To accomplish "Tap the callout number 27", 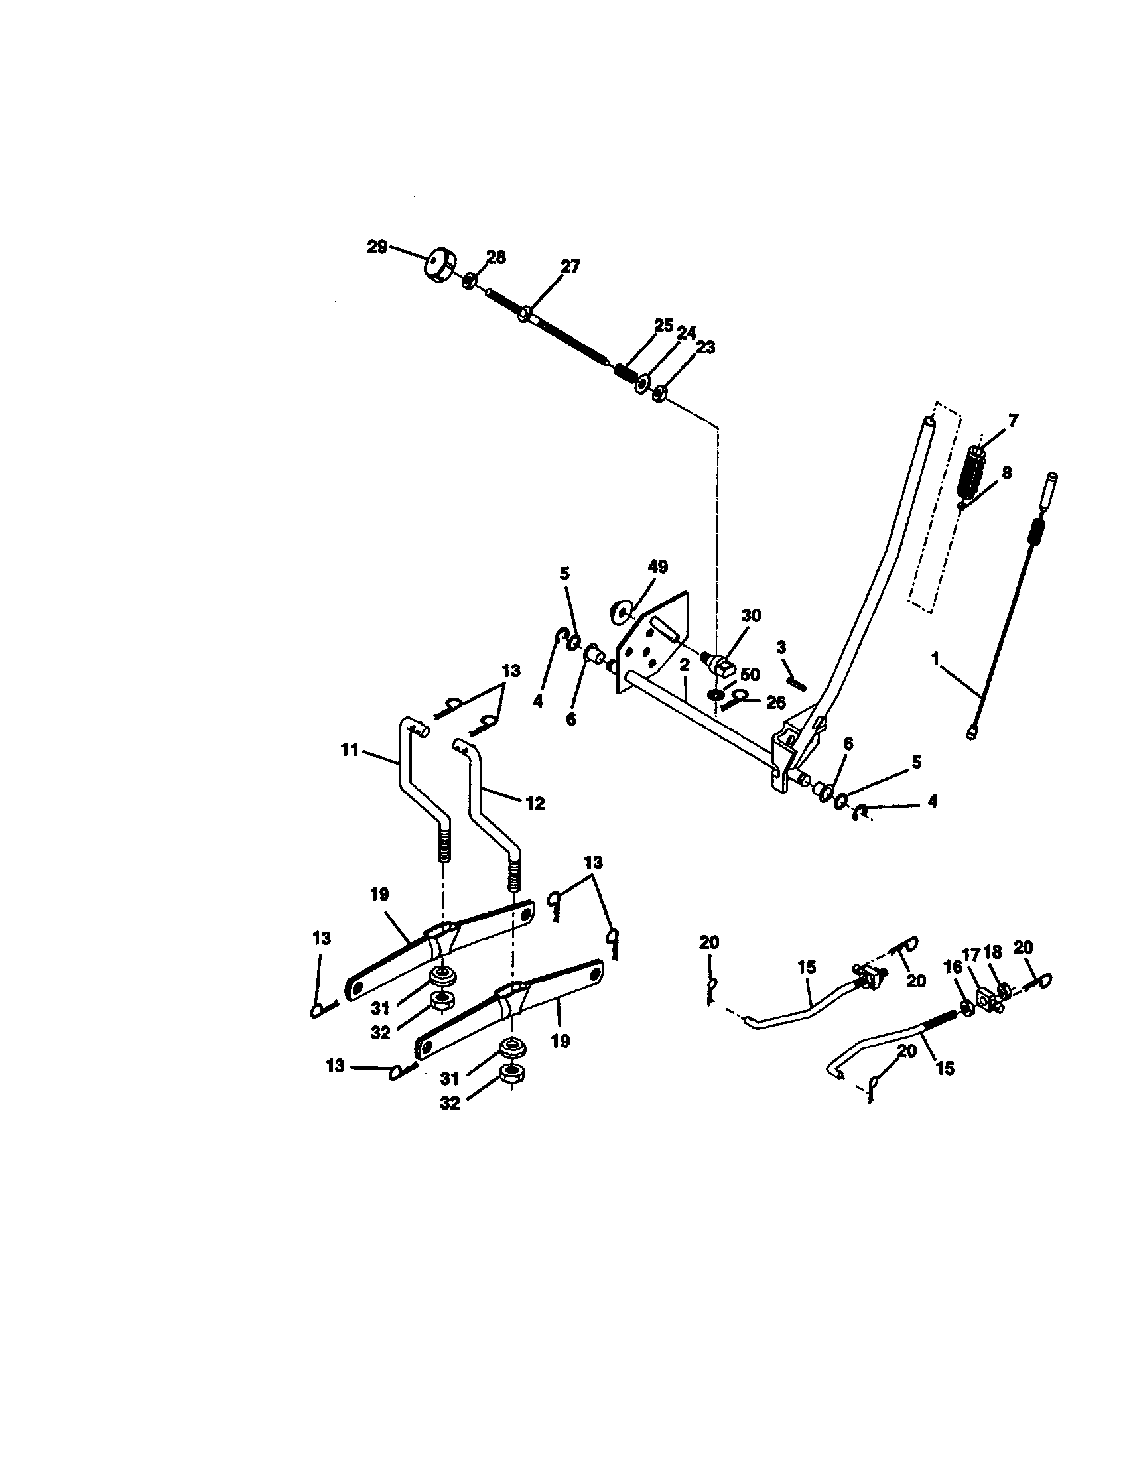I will click(570, 267).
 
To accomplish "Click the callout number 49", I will click(657, 566).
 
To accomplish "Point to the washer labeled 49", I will click(623, 611).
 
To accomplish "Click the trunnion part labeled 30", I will click(720, 663).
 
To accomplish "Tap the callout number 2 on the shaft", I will click(684, 665).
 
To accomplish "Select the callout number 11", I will click(350, 750).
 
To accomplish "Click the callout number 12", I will click(535, 802).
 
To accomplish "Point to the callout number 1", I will click(936, 658).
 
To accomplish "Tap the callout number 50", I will click(750, 674).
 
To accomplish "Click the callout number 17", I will click(970, 952).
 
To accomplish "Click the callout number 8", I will click(1006, 472).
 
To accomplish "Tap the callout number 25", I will click(663, 326).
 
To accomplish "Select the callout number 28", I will click(496, 257).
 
